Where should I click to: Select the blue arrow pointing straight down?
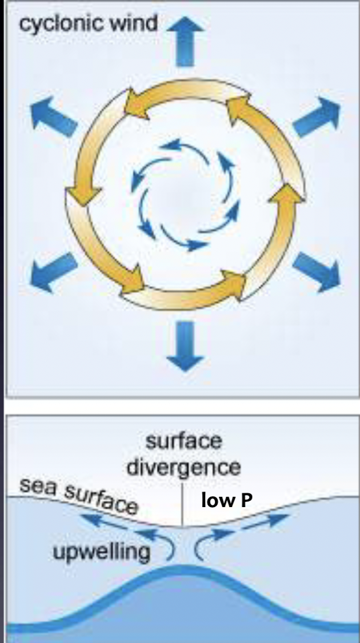coord(186,345)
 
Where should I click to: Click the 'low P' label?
coord(227,501)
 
